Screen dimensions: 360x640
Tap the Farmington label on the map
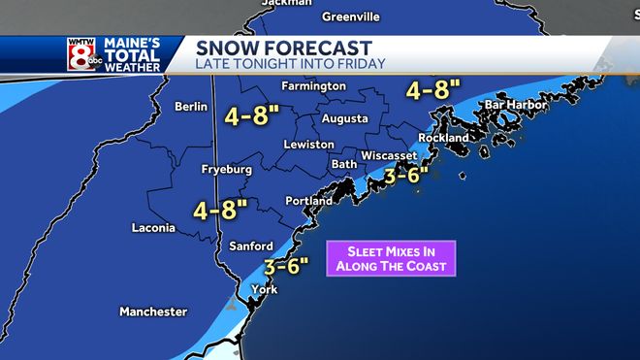(x=313, y=86)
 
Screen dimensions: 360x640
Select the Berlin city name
(x=191, y=107)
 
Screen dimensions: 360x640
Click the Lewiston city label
(x=308, y=145)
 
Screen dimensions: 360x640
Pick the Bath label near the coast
(x=344, y=164)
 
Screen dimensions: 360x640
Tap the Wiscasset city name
(x=389, y=156)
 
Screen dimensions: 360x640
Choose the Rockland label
(x=443, y=138)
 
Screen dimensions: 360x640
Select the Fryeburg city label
(x=226, y=170)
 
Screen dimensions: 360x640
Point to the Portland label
(x=309, y=201)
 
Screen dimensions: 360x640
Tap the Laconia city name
(x=153, y=228)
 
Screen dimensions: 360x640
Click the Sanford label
(x=251, y=246)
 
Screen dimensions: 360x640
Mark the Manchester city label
(x=153, y=311)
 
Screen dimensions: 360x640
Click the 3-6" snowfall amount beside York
(x=286, y=265)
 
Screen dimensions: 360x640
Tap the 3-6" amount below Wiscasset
(x=406, y=176)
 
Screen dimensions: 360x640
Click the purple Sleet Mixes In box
(x=391, y=257)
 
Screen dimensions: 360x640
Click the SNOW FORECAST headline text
(x=283, y=48)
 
